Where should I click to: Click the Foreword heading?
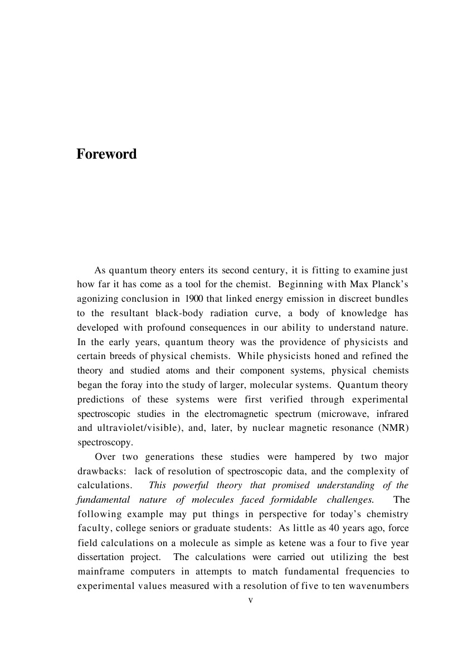tap(106, 154)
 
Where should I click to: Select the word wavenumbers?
tap(381, 586)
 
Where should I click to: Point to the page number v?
tap(250, 600)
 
